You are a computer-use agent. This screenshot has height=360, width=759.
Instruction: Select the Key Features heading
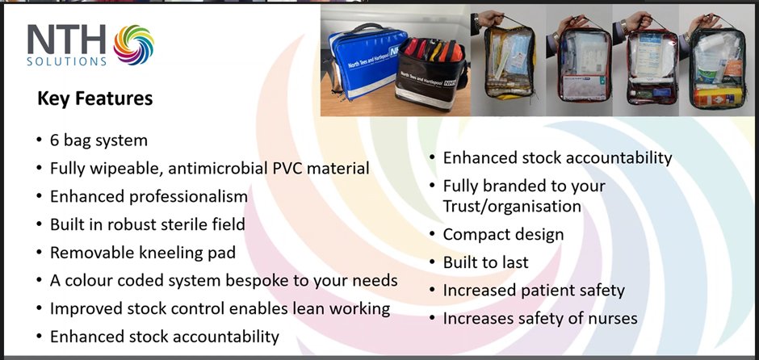tap(94, 99)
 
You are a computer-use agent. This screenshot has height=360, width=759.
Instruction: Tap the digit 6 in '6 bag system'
tap(54, 140)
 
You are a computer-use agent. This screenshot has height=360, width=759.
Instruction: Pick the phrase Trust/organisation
tap(512, 206)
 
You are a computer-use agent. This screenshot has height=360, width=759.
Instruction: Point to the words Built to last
tap(485, 262)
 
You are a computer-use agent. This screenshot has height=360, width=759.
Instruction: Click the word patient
tap(547, 290)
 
